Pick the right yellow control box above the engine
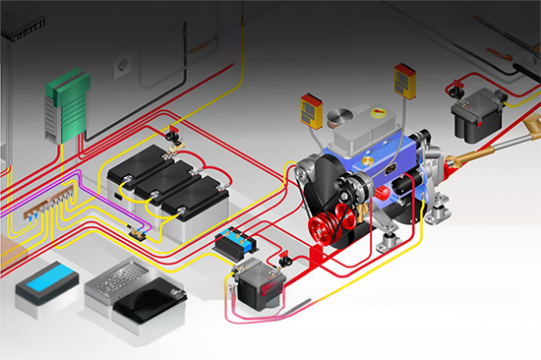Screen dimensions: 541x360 click(x=405, y=80)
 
